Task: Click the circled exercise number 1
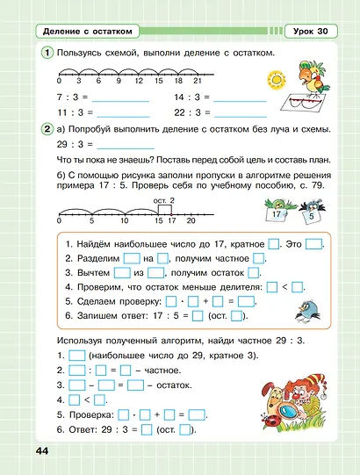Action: pyautogui.click(x=46, y=54)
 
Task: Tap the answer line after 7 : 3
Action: pyautogui.click(x=119, y=99)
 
